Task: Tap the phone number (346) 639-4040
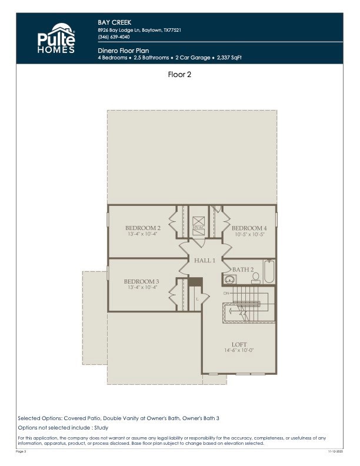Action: [x=115, y=38]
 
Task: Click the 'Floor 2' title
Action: [x=179, y=75]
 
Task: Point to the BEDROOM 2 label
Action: [x=142, y=228]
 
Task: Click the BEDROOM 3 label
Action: [x=141, y=281]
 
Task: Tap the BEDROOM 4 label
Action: [x=249, y=228]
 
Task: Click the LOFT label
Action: [x=239, y=344]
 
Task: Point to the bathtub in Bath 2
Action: [x=269, y=272]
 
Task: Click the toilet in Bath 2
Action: [x=255, y=279]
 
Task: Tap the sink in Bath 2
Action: [x=229, y=279]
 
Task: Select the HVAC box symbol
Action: [x=199, y=227]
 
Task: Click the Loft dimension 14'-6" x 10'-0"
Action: [x=239, y=351]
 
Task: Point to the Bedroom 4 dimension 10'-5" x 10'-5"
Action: [x=249, y=234]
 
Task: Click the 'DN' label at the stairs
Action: [x=226, y=293]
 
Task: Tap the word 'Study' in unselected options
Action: [x=101, y=428]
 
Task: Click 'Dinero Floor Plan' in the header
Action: [x=122, y=51]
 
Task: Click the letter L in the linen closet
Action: [x=197, y=299]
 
